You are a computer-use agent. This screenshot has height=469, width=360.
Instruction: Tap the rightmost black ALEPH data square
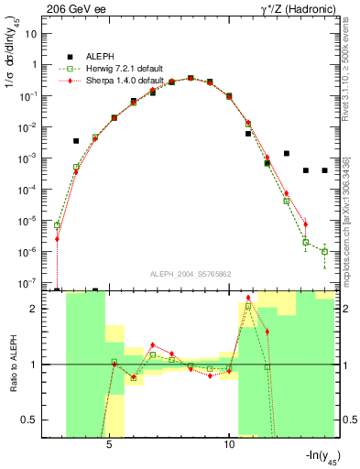(x=324, y=170)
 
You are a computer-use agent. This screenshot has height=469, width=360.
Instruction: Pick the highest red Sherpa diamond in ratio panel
(x=248, y=298)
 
